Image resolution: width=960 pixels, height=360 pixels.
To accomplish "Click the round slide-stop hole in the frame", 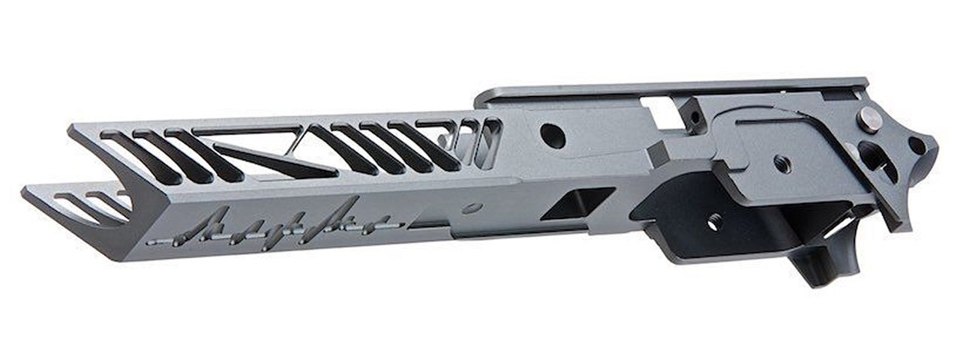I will [553, 136].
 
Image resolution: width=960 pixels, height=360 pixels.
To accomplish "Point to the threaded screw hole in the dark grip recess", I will [714, 222].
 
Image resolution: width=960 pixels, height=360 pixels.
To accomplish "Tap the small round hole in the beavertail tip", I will [916, 145].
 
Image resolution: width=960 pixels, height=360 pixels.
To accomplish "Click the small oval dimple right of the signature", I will [472, 208].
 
